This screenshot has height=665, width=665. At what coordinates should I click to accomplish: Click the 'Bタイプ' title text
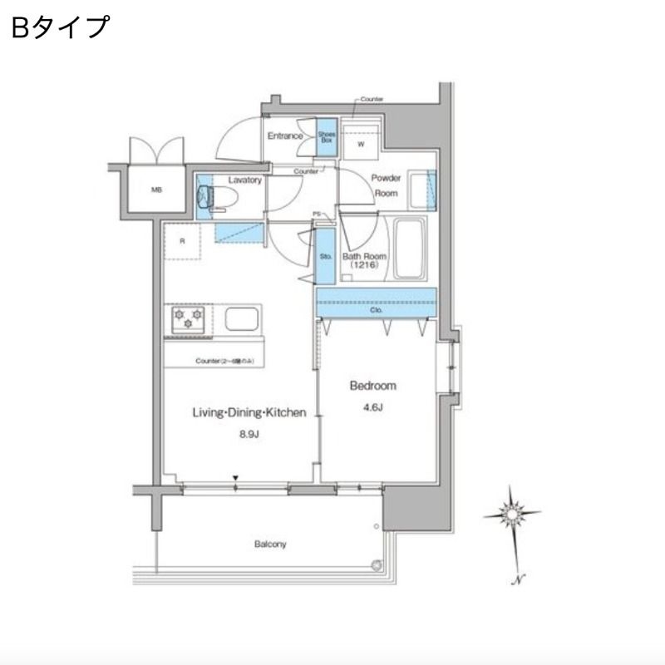click(60, 27)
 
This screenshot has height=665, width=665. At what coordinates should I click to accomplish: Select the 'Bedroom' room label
click(372, 386)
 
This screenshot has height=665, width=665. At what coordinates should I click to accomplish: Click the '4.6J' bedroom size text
click(372, 407)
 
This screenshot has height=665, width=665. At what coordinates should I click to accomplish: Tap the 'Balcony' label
click(270, 544)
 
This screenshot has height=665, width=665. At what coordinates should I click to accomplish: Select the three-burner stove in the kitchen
click(188, 320)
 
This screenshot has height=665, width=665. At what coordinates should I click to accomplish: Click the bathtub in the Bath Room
click(408, 249)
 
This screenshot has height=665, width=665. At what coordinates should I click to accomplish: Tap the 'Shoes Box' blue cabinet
click(326, 137)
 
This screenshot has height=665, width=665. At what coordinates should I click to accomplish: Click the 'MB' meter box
click(156, 190)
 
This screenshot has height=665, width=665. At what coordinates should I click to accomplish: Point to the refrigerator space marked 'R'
click(183, 242)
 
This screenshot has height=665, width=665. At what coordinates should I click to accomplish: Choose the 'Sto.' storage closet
click(325, 257)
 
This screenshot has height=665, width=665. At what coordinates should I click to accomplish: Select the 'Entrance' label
click(284, 135)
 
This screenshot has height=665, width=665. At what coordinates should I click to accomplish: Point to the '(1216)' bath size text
click(362, 266)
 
